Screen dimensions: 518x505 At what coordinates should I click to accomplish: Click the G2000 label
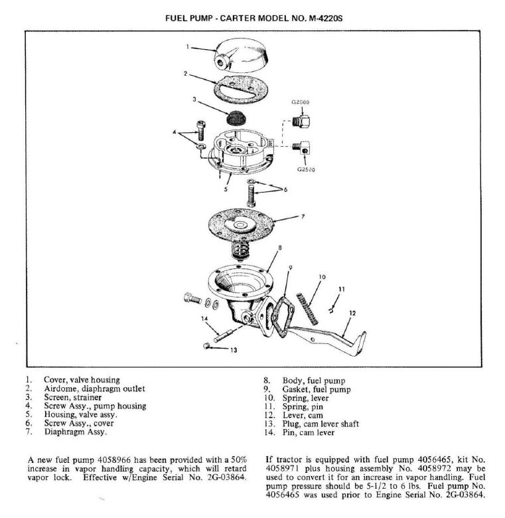300,103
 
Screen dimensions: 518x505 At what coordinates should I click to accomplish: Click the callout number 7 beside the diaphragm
304,216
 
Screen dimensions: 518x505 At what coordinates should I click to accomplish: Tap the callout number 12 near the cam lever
352,312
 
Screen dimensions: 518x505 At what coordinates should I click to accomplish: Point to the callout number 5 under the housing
226,189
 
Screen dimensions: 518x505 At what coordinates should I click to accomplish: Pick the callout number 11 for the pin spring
340,289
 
